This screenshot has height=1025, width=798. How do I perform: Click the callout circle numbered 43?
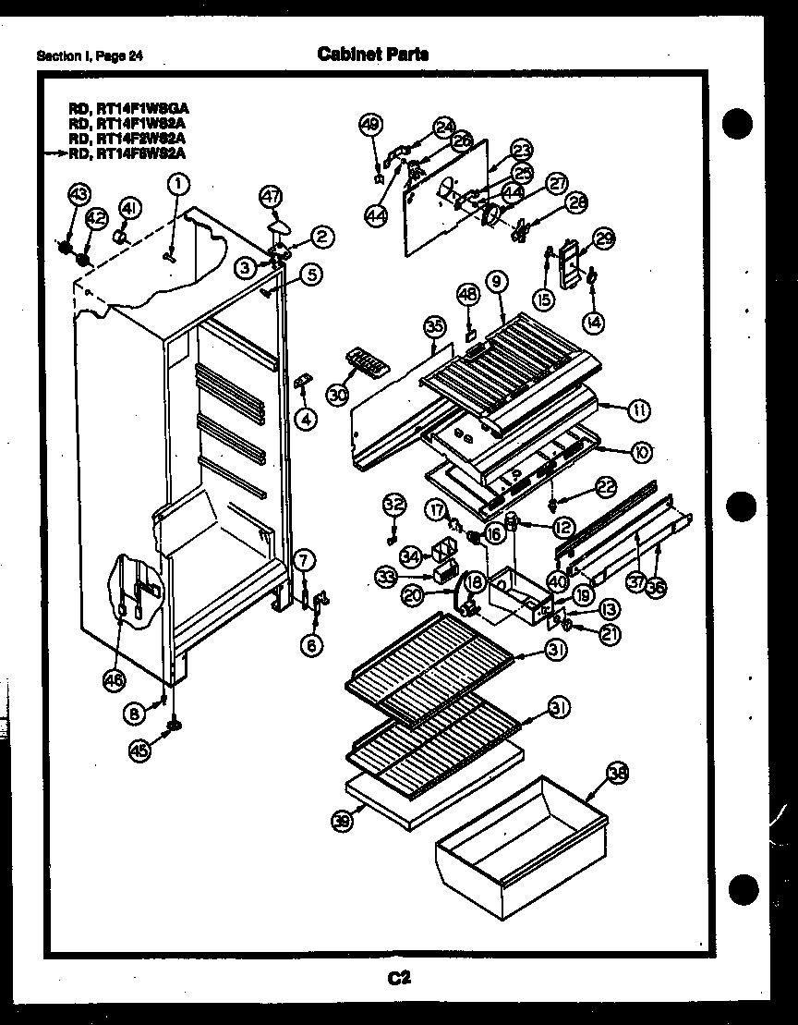(x=78, y=194)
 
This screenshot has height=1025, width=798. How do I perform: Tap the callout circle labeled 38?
(x=615, y=775)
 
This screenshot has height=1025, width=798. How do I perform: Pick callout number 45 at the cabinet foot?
(x=139, y=750)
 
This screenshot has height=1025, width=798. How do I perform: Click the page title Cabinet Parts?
(x=373, y=54)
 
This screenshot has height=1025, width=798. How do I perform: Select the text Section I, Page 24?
(x=90, y=56)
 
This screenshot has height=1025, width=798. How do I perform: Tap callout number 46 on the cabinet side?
(x=113, y=681)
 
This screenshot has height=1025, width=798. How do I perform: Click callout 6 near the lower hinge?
(x=312, y=646)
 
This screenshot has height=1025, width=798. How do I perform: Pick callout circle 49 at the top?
(x=370, y=126)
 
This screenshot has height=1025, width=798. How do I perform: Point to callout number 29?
(x=603, y=239)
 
